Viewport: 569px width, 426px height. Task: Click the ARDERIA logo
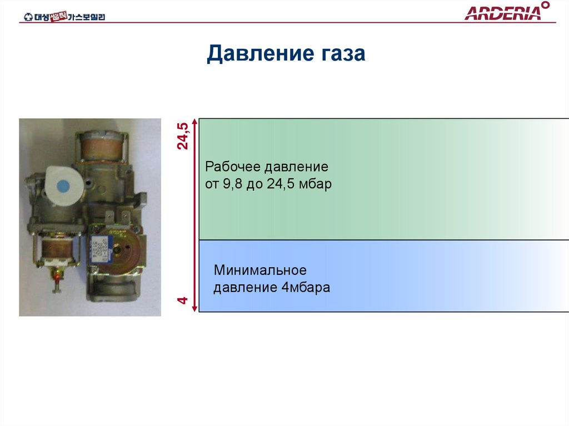click(503, 13)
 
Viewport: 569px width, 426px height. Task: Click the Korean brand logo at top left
click(64, 17)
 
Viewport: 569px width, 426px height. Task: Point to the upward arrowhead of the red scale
click(194, 122)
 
